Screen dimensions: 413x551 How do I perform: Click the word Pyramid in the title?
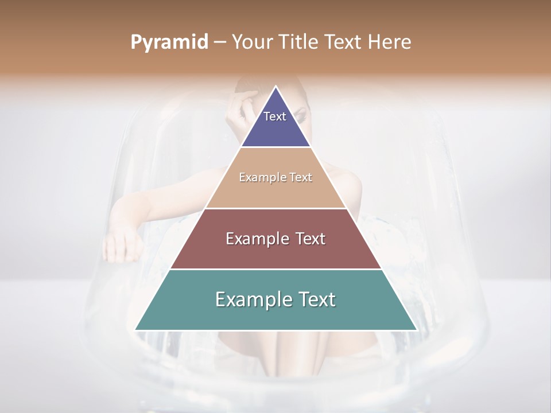point(169,42)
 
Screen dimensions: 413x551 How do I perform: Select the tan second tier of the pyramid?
point(276,192)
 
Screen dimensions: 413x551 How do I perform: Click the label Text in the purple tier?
point(275,116)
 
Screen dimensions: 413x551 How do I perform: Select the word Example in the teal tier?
point(253,299)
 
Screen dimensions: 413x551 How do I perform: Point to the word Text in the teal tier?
point(315,299)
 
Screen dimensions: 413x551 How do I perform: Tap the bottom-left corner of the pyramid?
point(135,330)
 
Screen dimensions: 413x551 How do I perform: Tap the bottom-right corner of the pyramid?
point(417,330)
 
